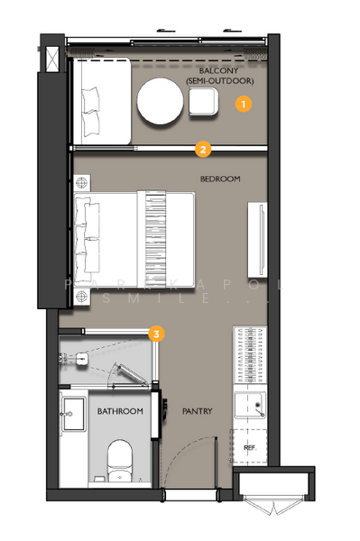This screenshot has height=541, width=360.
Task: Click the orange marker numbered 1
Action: (x=243, y=105)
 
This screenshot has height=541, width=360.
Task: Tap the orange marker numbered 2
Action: (x=204, y=149)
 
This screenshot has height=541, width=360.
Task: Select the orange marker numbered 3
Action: (x=157, y=335)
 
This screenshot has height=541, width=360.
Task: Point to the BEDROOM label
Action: (x=220, y=179)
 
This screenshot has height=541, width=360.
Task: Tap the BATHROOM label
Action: (x=120, y=412)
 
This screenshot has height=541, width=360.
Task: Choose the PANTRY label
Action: (x=196, y=412)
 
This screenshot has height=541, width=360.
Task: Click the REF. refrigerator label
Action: (x=249, y=446)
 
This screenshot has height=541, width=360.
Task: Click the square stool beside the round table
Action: (x=204, y=105)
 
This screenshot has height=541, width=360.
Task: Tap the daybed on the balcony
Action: (x=101, y=101)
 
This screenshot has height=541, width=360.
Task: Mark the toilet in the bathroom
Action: (x=119, y=458)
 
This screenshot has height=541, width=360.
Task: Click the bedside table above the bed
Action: (x=83, y=181)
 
